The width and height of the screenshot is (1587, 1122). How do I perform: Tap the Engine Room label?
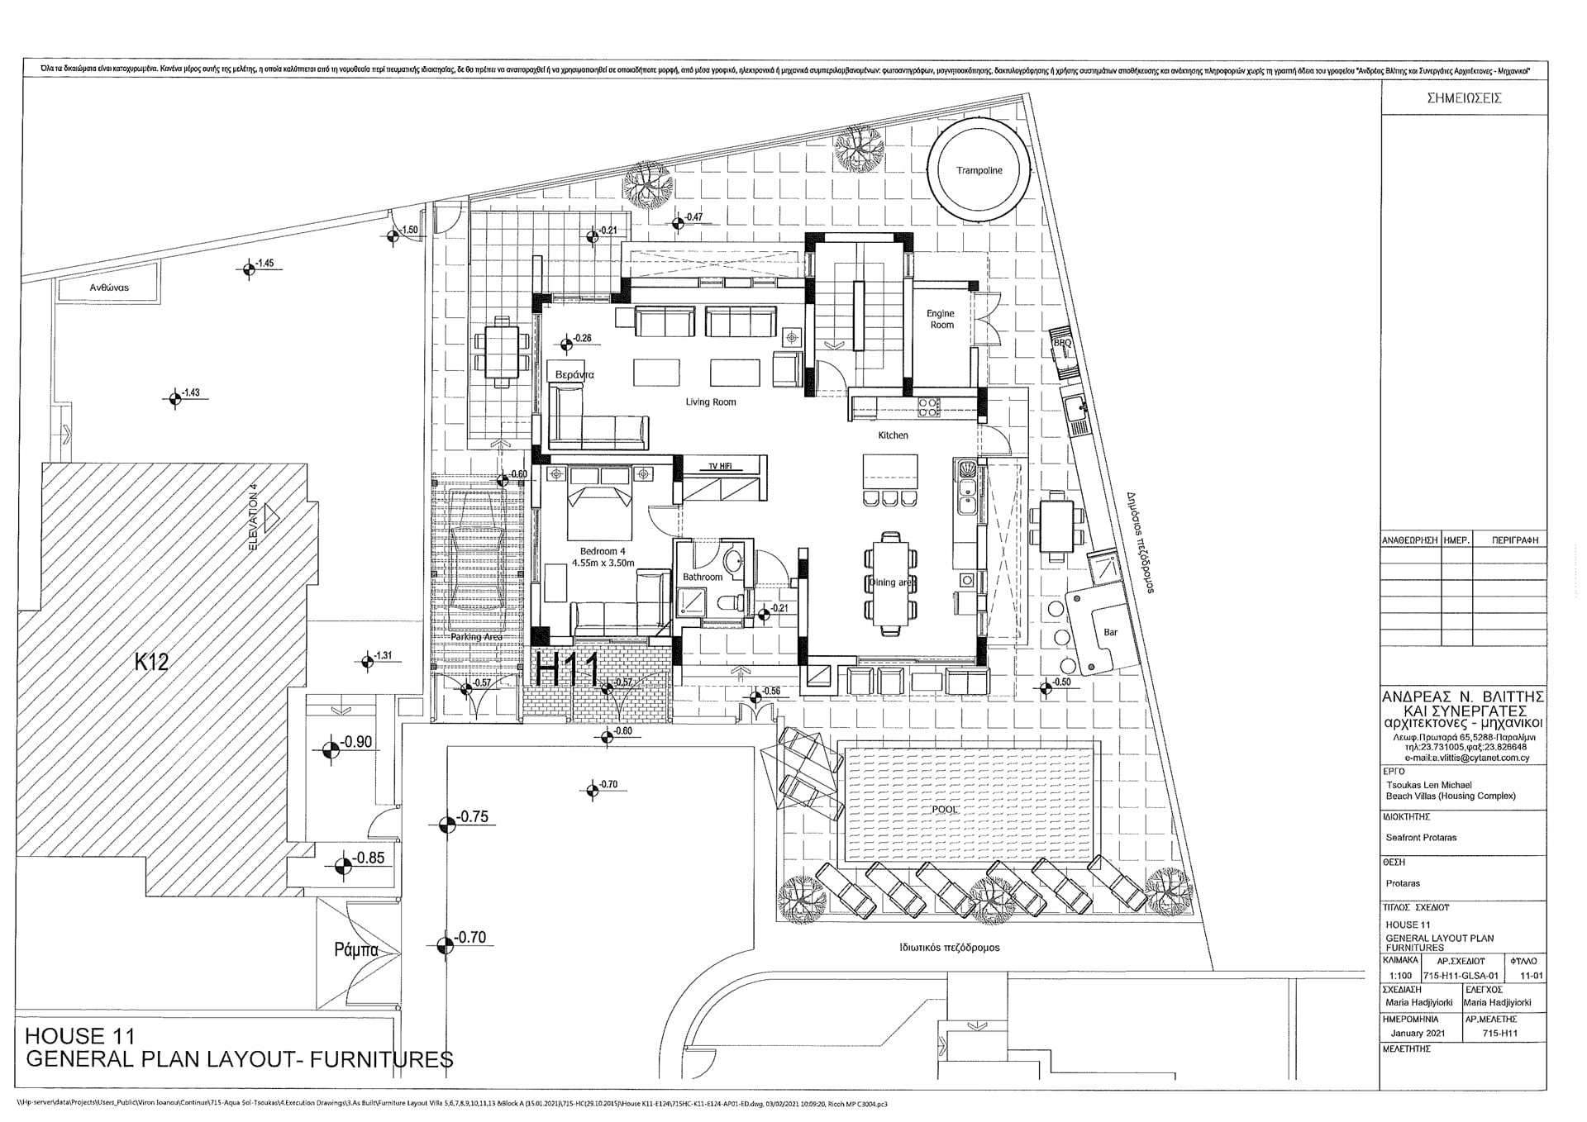[941, 319]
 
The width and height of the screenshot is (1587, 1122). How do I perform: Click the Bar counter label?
[1110, 632]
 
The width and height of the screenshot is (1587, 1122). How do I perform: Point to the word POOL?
[945, 811]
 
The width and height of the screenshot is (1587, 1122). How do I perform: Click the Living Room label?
[710, 402]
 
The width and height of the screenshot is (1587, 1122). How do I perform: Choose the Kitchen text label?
[893, 435]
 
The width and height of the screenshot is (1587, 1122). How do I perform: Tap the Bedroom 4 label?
[603, 551]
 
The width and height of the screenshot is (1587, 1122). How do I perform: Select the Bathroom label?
[702, 577]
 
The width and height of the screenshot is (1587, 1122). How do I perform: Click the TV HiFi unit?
[720, 467]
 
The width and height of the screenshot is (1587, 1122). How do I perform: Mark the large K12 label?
[151, 662]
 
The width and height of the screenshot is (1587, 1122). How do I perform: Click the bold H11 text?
[567, 669]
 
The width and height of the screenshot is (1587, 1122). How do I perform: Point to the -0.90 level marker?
[356, 743]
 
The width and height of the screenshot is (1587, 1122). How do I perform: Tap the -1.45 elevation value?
[264, 264]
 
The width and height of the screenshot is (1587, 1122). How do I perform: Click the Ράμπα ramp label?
[356, 950]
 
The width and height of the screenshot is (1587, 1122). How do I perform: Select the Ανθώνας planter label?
[109, 288]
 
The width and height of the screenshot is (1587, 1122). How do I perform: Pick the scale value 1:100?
[1399, 976]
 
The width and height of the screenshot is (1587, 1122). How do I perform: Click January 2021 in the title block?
[1418, 1034]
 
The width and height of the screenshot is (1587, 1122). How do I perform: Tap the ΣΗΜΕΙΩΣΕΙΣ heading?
[1464, 97]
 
